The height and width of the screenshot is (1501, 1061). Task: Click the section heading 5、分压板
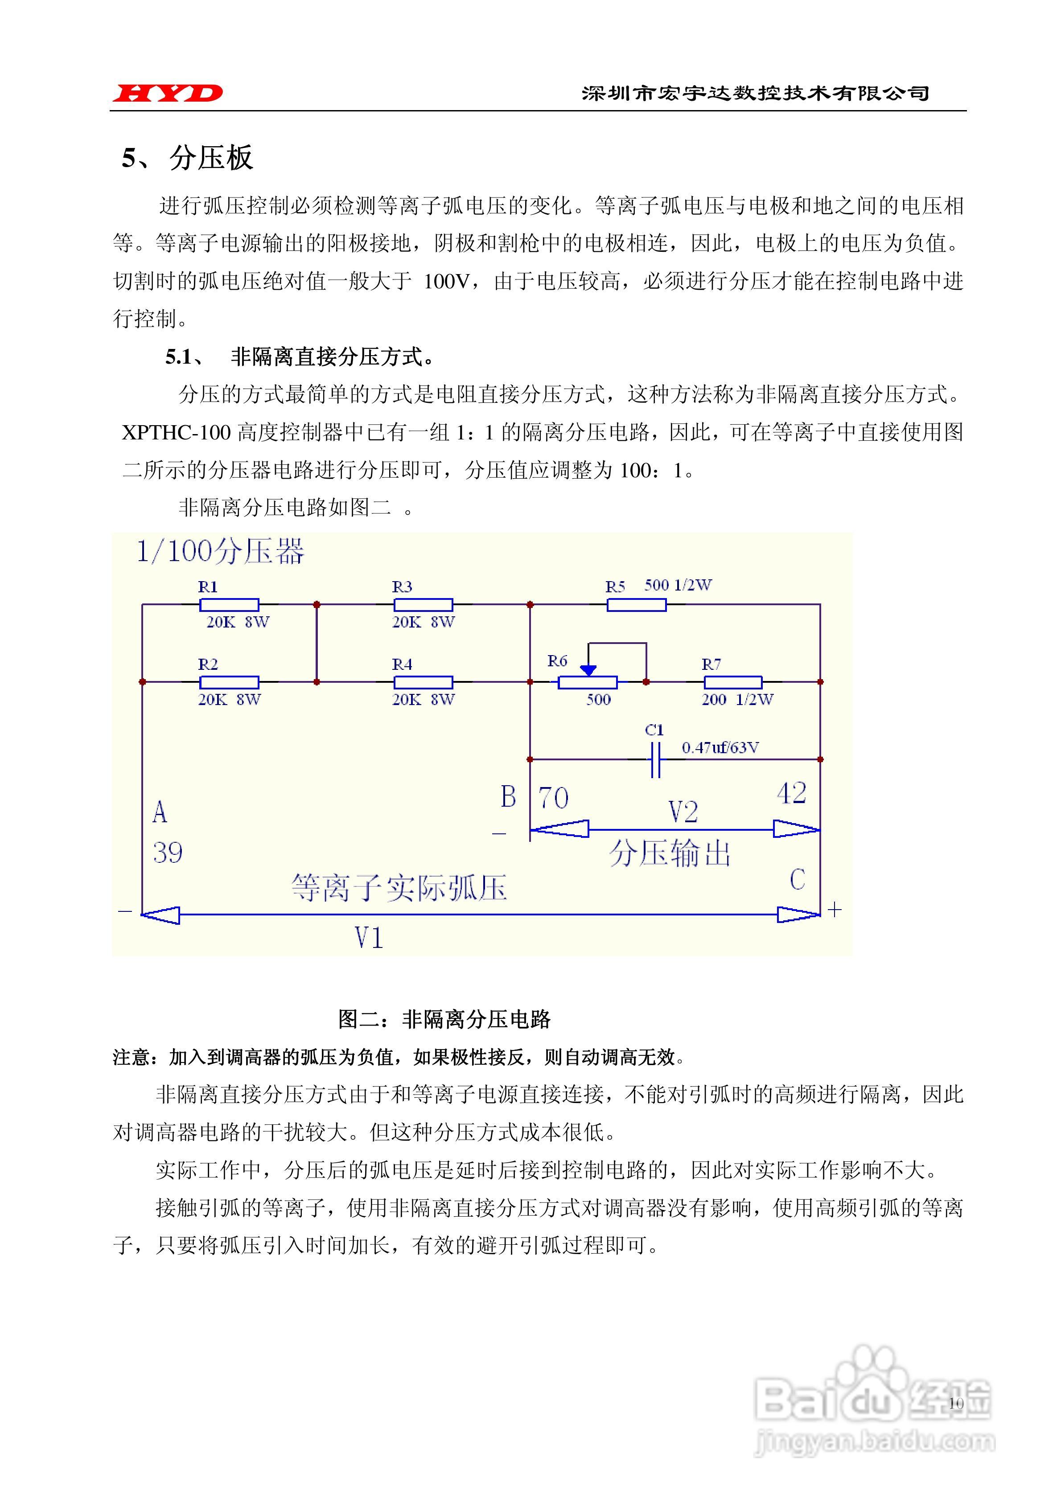[x=188, y=158]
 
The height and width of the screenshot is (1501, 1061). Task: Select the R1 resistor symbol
[x=229, y=605]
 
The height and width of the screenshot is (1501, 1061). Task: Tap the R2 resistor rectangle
[x=229, y=682]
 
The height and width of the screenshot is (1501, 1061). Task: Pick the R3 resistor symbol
[x=423, y=605]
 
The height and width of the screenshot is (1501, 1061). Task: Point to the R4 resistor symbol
[x=423, y=682]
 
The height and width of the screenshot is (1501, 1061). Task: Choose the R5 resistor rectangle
[x=637, y=605]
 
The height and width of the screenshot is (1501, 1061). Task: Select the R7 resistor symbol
[x=732, y=682]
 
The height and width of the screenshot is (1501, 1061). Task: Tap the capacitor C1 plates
[x=655, y=760]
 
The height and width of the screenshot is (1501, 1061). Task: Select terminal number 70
[x=553, y=798]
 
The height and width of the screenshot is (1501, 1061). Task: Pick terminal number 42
[x=791, y=793]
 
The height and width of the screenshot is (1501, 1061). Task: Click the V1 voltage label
[x=368, y=938]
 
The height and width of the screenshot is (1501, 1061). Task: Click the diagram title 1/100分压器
[x=220, y=552]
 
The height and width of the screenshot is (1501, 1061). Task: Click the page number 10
[x=956, y=1403]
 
